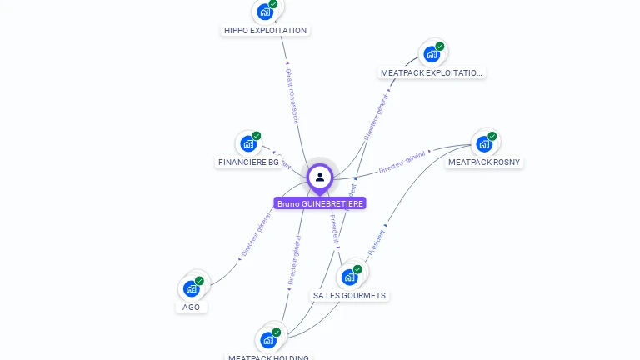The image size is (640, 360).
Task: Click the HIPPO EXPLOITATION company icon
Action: (x=265, y=12)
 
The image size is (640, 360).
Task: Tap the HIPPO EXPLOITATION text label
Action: (x=265, y=31)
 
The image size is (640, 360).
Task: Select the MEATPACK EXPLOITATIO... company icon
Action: (x=431, y=54)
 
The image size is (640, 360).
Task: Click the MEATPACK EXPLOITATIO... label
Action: (x=431, y=73)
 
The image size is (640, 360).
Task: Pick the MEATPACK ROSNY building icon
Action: (x=483, y=143)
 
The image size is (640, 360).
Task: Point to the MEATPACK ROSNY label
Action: (x=484, y=162)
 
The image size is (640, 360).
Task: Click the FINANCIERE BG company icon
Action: (x=247, y=143)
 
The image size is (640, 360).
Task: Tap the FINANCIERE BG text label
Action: (x=248, y=162)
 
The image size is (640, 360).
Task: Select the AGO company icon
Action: (x=191, y=288)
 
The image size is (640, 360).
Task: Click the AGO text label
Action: (x=192, y=307)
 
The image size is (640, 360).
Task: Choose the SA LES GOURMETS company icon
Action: (x=349, y=277)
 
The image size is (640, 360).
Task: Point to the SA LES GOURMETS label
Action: (x=349, y=295)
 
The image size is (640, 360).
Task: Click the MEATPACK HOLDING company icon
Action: (x=268, y=340)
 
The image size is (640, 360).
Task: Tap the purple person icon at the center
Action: (x=320, y=177)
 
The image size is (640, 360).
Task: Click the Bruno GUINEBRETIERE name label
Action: (x=320, y=203)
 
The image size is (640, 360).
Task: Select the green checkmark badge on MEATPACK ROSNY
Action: (x=492, y=136)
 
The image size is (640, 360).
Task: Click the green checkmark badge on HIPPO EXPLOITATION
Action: (x=273, y=4)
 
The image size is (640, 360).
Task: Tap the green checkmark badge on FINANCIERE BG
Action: (x=257, y=136)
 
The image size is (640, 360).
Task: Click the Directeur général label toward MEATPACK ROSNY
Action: (x=403, y=162)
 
